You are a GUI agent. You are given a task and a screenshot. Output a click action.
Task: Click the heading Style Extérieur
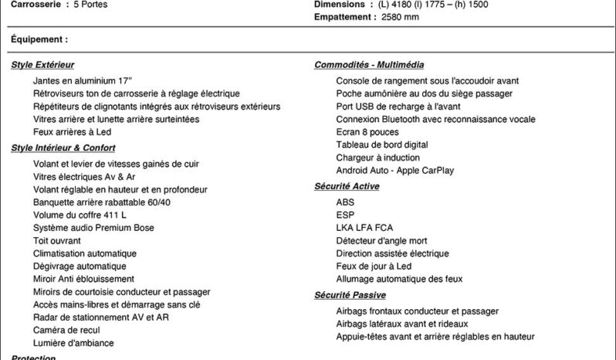[x=42, y=65]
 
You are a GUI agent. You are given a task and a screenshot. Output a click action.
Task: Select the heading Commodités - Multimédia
[x=369, y=65]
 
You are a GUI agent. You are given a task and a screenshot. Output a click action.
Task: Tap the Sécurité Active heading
[x=347, y=186]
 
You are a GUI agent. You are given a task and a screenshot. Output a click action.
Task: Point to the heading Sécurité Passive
[x=350, y=295]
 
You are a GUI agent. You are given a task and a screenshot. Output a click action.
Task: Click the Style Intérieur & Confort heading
[x=63, y=148]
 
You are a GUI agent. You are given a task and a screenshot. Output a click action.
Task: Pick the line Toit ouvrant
[x=57, y=240]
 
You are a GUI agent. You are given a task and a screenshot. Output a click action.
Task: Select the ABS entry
[x=345, y=202]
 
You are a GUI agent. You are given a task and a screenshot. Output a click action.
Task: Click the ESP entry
[x=345, y=215]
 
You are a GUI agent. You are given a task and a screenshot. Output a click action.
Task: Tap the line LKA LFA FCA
[x=364, y=228]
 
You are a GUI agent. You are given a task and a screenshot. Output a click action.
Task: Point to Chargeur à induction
[x=378, y=158]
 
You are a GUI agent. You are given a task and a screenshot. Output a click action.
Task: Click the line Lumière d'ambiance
[x=73, y=343]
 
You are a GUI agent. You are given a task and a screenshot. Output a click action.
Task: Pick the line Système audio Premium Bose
[x=93, y=228]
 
